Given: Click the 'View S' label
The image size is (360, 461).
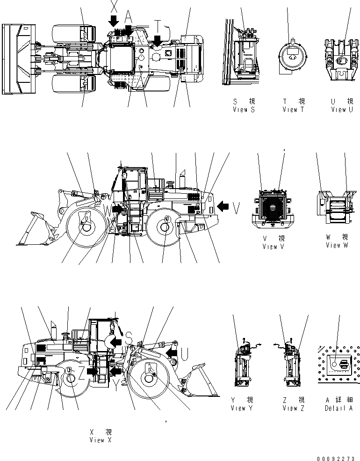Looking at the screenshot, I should [244, 110].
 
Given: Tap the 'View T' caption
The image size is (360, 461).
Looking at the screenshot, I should [293, 110].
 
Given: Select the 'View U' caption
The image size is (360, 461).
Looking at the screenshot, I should [342, 110].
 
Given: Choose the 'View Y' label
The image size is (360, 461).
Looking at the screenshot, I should [242, 408].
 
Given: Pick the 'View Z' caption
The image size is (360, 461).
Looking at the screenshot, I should [293, 408].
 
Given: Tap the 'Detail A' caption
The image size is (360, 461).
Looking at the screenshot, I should [339, 408].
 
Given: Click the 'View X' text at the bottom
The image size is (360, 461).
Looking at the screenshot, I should [100, 440].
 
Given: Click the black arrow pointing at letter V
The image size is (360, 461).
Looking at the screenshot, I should [224, 205].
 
